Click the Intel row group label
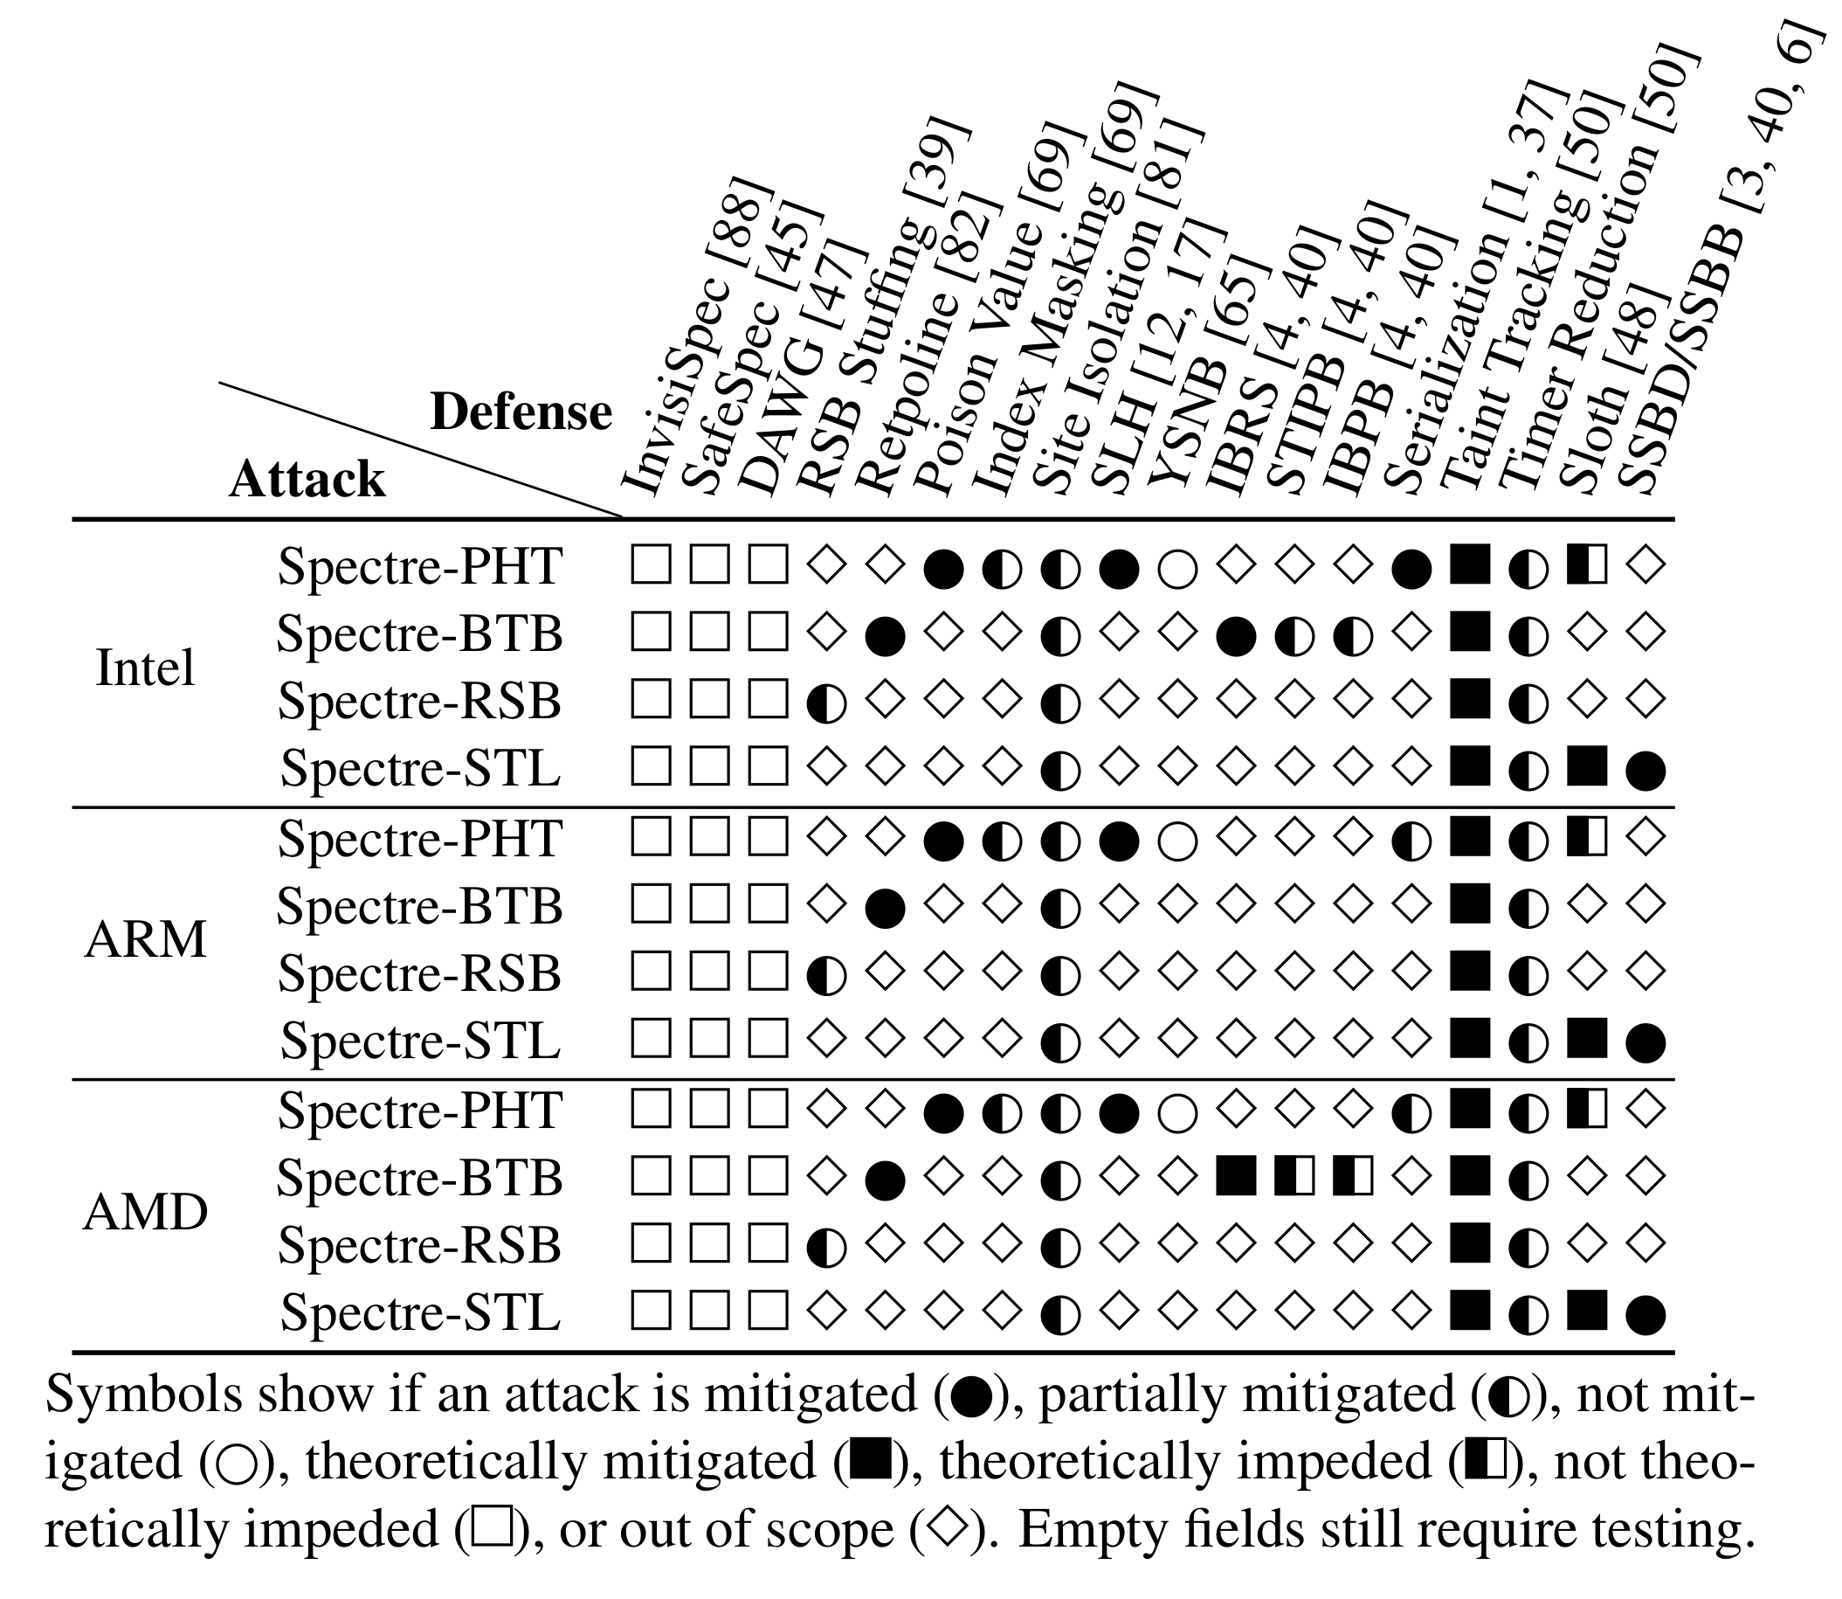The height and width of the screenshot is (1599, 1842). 144,668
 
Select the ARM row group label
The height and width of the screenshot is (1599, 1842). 144,940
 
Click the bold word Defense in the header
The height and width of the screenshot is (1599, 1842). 521,412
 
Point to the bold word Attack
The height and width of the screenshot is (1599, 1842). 307,480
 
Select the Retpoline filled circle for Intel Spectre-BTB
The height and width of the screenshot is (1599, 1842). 885,635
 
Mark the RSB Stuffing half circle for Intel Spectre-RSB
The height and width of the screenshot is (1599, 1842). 826,703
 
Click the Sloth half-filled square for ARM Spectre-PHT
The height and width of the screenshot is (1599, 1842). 1587,839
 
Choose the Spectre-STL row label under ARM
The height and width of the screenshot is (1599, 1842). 420,1041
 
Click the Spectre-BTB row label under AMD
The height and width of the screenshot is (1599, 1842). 419,1178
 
